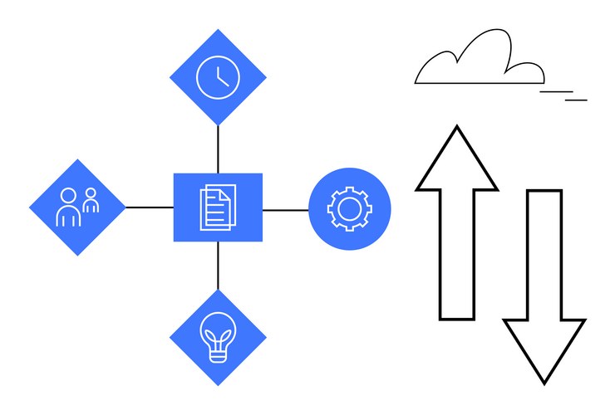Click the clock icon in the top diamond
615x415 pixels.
click(x=218, y=77)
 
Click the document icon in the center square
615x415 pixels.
click(x=218, y=207)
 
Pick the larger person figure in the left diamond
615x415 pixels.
click(x=68, y=208)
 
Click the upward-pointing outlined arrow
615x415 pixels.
click(x=456, y=224)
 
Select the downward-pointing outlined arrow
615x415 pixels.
click(x=544, y=282)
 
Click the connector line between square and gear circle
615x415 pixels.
click(x=286, y=210)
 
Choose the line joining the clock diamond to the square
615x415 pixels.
click(x=218, y=149)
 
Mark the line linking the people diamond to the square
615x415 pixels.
click(x=150, y=207)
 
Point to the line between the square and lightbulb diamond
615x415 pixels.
click(x=218, y=266)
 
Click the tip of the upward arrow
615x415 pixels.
click(x=456, y=129)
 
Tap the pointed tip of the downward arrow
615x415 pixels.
click(x=544, y=381)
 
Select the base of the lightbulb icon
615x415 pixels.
click(x=218, y=355)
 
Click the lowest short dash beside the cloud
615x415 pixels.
click(x=576, y=100)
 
